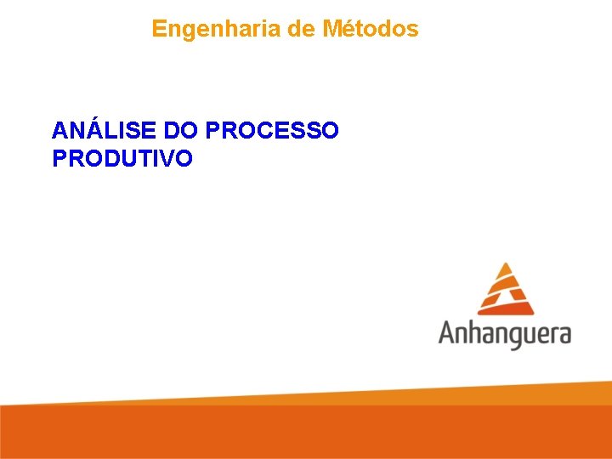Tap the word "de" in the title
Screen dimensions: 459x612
302,29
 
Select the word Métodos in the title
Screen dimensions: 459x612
371,29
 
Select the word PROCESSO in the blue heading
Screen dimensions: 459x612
272,131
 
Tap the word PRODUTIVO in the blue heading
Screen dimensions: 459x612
122,158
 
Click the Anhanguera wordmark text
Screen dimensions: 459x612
505,333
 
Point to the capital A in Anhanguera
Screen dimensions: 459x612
450,331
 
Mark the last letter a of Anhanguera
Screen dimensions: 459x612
562,334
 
